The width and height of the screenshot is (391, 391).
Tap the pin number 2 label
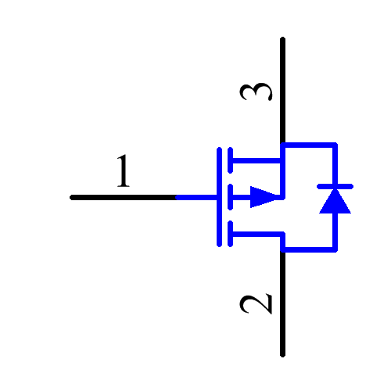(x=256, y=304)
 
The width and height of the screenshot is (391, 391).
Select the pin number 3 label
(x=256, y=91)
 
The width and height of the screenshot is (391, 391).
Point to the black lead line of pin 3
(x=282, y=90)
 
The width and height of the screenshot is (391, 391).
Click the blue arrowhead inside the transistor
(x=264, y=197)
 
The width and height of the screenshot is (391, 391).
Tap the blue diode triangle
(x=335, y=201)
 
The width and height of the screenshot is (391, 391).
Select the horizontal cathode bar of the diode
(x=335, y=187)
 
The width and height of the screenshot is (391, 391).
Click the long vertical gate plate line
(x=219, y=196)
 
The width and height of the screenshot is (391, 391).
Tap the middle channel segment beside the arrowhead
(x=229, y=197)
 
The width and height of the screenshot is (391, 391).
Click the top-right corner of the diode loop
(x=335, y=145)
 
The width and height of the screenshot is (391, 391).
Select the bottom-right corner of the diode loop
(x=335, y=250)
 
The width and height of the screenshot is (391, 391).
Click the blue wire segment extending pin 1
(x=197, y=198)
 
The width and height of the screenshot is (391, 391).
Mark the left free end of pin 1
(x=73, y=198)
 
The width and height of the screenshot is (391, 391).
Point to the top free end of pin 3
(x=282, y=39)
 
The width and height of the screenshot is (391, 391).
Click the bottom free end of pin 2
(x=282, y=354)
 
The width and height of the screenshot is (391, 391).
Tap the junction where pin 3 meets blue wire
(x=282, y=145)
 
